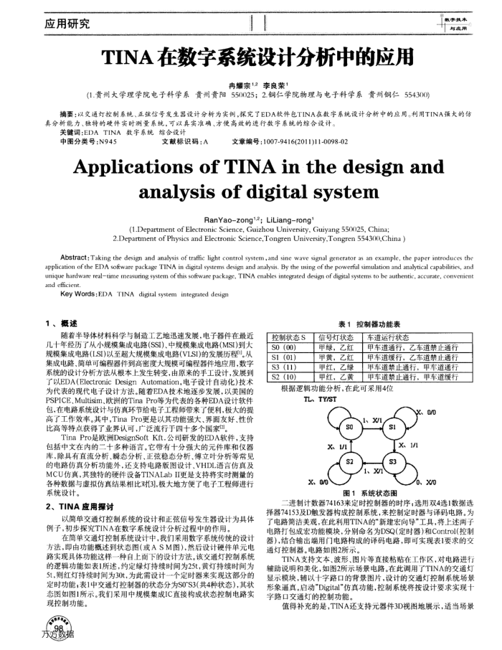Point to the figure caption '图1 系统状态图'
click(371, 494)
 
